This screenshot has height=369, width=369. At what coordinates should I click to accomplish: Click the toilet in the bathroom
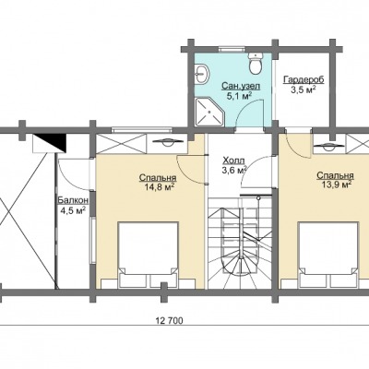[256, 64]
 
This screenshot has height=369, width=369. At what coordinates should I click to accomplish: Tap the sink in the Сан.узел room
[202, 74]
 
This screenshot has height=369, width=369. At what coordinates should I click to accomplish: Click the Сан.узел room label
[241, 86]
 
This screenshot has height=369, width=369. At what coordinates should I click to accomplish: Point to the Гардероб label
[304, 80]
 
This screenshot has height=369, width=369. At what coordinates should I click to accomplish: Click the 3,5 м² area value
[304, 89]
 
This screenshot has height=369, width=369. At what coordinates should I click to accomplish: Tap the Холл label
[233, 161]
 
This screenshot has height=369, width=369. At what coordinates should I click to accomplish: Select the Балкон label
[73, 200]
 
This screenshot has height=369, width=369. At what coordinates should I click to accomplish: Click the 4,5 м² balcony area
[73, 210]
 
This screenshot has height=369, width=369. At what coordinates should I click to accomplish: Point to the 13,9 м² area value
[336, 184]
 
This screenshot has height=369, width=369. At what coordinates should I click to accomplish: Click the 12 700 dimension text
[169, 321]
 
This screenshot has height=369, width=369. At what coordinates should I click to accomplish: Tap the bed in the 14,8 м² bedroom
[149, 255]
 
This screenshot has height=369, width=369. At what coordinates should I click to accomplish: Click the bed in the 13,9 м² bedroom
[328, 255]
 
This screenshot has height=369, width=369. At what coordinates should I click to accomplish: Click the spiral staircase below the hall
[240, 243]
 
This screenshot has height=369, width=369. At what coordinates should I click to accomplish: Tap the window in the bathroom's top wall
[232, 49]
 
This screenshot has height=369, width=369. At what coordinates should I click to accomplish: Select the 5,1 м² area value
[240, 96]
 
